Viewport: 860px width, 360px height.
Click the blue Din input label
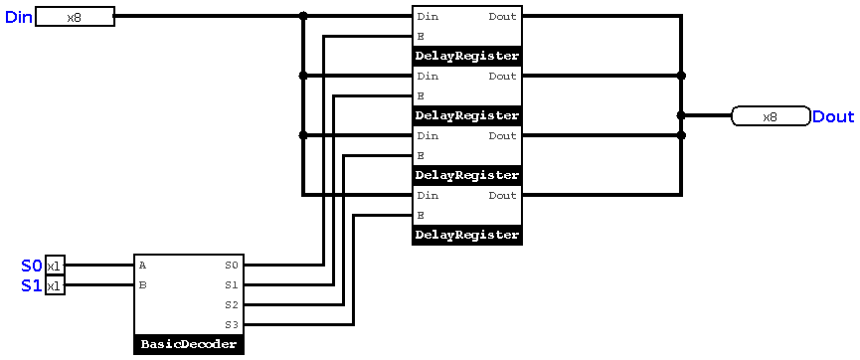(x=19, y=17)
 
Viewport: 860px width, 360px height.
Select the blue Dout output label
(x=832, y=116)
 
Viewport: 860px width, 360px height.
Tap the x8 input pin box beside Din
(x=75, y=17)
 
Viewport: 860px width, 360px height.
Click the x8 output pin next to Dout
(x=770, y=116)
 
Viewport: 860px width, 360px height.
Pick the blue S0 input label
(x=32, y=266)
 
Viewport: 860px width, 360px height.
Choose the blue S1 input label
(x=32, y=285)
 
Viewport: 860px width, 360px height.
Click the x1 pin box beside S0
(x=55, y=266)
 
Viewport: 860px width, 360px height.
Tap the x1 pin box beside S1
(x=55, y=285)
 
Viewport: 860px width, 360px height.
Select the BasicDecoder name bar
(x=189, y=345)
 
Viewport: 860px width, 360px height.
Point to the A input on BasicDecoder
(x=143, y=266)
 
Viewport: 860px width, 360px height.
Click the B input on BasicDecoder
(x=143, y=285)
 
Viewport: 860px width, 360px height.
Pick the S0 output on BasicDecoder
(x=232, y=266)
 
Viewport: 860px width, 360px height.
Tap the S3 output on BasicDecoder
(x=232, y=325)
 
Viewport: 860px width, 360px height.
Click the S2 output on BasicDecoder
(x=232, y=305)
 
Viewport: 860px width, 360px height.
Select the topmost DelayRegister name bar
(x=467, y=57)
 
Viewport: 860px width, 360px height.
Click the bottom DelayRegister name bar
(x=467, y=236)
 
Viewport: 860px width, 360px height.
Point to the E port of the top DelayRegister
(x=422, y=37)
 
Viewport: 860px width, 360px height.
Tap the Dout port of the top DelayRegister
(x=502, y=17)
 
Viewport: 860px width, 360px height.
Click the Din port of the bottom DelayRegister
(x=428, y=196)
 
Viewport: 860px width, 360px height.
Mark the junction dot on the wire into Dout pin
(x=681, y=115)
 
